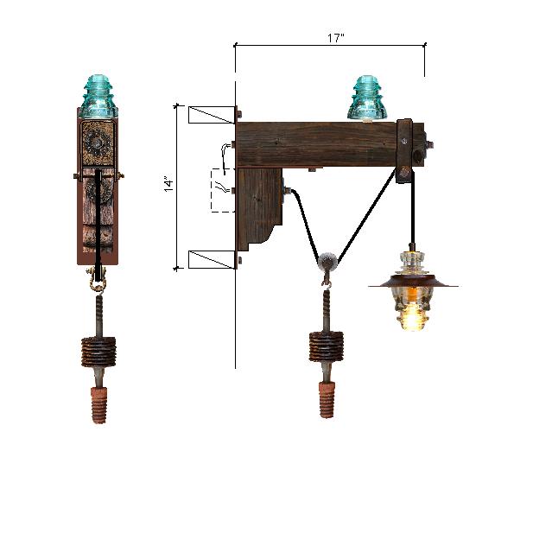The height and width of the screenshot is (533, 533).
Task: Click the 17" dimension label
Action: click(x=336, y=38)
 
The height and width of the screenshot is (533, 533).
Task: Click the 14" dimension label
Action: click(x=169, y=183)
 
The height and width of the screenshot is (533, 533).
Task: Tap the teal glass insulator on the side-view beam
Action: click(x=367, y=98)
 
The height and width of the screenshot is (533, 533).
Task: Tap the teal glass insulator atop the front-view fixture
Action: click(x=98, y=96)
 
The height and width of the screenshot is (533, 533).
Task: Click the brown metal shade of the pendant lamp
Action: click(x=413, y=282)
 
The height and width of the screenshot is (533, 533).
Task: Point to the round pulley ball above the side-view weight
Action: click(x=327, y=260)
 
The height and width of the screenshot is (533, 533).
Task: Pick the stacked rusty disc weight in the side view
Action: click(x=327, y=346)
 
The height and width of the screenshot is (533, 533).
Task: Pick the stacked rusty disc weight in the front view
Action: click(x=98, y=352)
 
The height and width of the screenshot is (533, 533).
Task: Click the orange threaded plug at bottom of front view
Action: click(x=98, y=405)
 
